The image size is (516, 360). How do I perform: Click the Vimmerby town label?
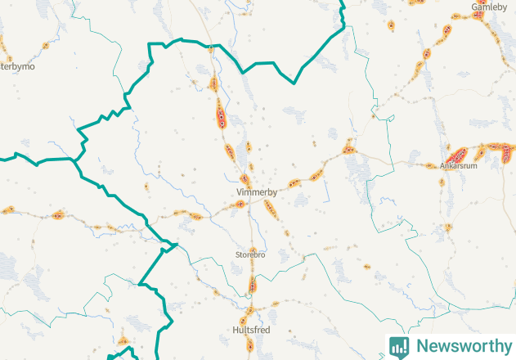click(256, 193)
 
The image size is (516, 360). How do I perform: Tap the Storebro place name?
click(250, 255)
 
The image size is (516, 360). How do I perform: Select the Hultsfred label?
click(251, 330)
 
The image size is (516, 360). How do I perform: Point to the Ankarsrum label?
click(458, 165)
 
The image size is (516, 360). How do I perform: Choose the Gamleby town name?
click(489, 7)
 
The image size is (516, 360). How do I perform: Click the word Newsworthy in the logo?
click(461, 346)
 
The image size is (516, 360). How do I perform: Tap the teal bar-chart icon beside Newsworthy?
click(399, 346)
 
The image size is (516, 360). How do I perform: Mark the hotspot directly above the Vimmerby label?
click(245, 178)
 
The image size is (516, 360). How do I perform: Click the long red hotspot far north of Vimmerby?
click(221, 115)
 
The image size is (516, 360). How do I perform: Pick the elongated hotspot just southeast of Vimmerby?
click(270, 209)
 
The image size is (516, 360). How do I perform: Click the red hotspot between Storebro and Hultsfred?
click(252, 285)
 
